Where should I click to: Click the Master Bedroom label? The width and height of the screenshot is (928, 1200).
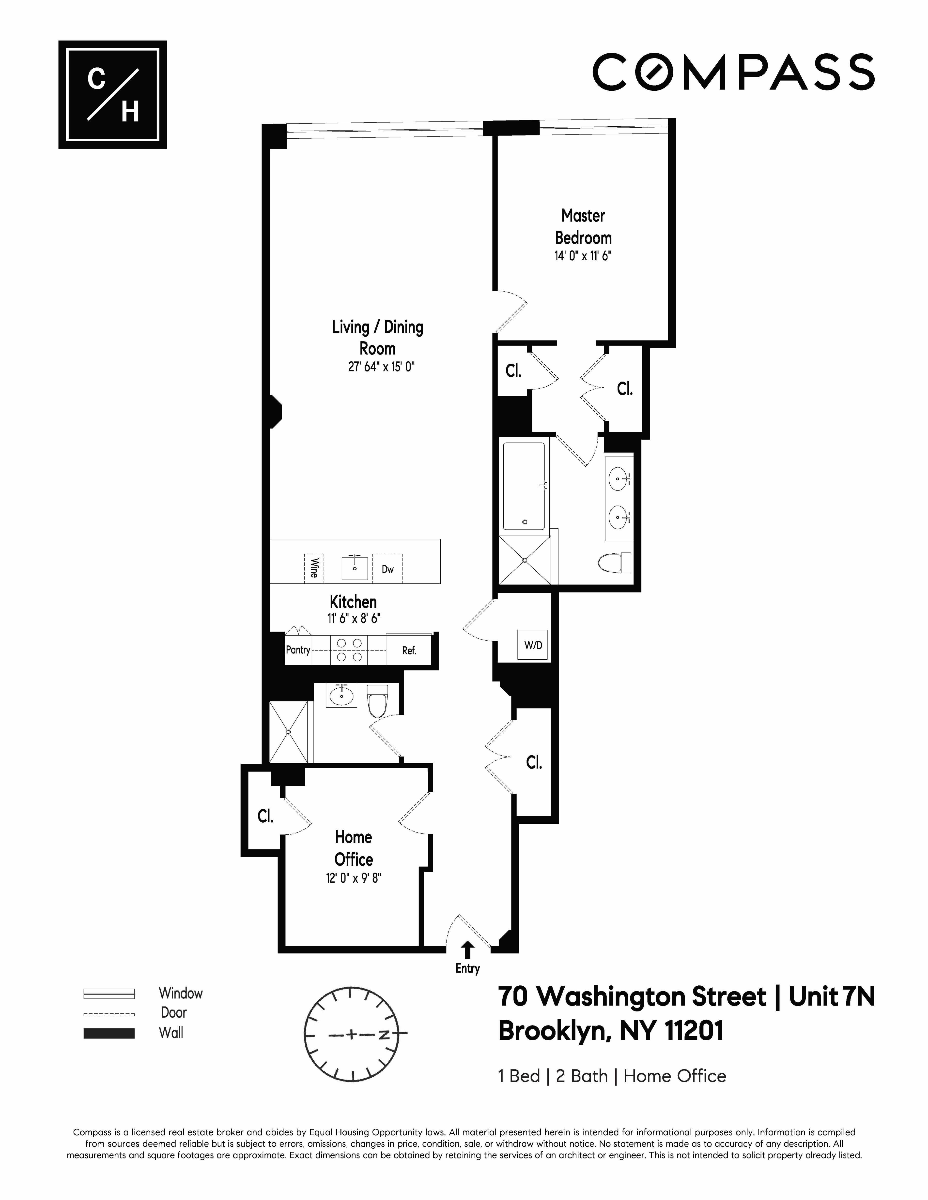[583, 226]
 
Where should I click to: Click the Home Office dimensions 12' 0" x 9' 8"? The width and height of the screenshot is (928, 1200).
[354, 878]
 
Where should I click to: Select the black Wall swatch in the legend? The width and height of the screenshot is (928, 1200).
[109, 1034]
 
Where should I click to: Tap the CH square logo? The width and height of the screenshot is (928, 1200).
[113, 94]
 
